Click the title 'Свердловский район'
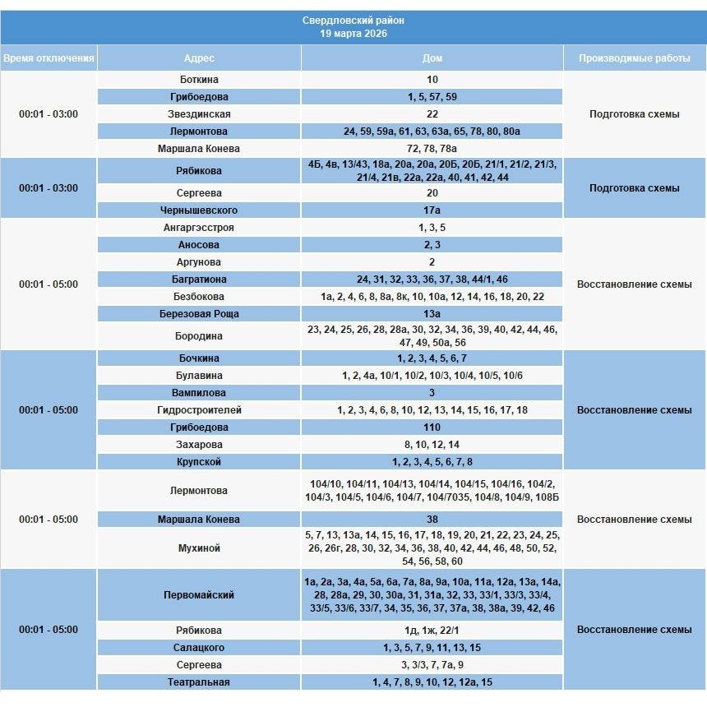tap(353, 21)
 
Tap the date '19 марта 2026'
tap(353, 34)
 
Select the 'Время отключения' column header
tap(49, 58)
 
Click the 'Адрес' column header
tap(199, 58)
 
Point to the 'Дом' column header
tap(432, 58)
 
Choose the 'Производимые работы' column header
tap(635, 58)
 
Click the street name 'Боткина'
tap(199, 80)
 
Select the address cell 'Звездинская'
tap(199, 114)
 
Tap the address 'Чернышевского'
tap(199, 210)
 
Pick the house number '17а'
tap(432, 210)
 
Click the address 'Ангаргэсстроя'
tap(199, 228)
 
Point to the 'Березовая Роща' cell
tap(199, 314)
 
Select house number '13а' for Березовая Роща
tap(432, 314)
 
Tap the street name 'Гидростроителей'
tap(199, 410)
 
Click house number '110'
tap(432, 427)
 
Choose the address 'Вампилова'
tap(199, 393)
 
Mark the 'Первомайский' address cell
tap(199, 594)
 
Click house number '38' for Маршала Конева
tap(432, 520)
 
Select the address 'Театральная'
tap(199, 682)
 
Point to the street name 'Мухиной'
tap(199, 548)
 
